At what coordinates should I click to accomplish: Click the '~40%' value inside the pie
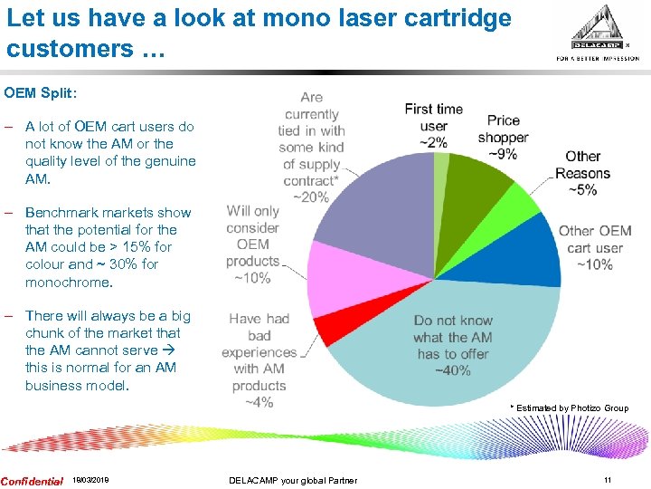coord(452,370)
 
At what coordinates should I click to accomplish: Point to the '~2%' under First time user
coord(433,142)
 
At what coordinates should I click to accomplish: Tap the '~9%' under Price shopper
coord(504,154)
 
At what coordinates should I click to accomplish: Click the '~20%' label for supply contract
coord(310,197)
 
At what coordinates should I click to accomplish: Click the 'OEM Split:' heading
coord(41,92)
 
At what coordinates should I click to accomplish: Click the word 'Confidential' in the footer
coord(33,481)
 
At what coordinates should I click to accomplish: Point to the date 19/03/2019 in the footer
coord(90,481)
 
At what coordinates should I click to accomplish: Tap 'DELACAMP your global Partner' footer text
coord(293,481)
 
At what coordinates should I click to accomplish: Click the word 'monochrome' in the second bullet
coord(68,282)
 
